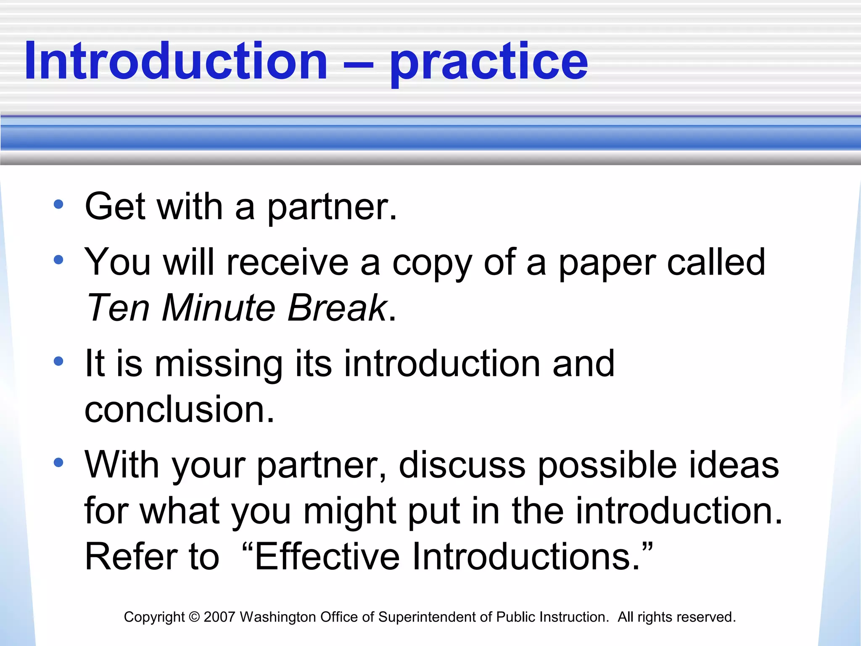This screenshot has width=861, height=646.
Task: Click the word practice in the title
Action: click(x=489, y=63)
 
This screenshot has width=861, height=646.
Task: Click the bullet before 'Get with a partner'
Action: click(x=58, y=205)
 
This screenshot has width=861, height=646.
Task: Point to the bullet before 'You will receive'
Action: click(x=58, y=260)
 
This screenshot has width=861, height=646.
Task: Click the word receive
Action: click(x=288, y=262)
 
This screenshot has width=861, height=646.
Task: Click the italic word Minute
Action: click(x=219, y=308)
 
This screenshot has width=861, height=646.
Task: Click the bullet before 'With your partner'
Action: click(x=58, y=463)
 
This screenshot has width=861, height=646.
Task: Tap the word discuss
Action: click(x=462, y=465)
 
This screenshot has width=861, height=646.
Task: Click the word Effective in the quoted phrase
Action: click(x=327, y=557)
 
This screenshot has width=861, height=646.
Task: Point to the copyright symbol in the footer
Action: click(x=194, y=617)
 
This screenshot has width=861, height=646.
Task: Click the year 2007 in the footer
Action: click(x=219, y=617)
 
